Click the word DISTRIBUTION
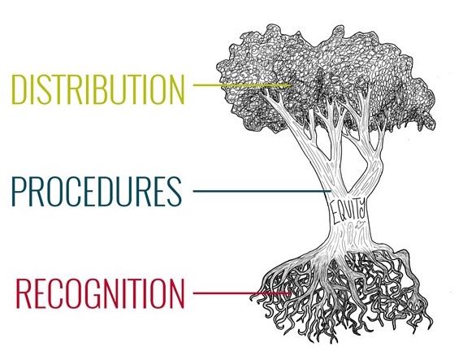(98, 89)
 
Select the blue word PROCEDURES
(97, 191)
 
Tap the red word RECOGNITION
(100, 293)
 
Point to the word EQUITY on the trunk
(348, 210)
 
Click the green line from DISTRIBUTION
(242, 85)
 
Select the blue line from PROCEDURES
(262, 191)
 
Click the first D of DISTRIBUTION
(19, 89)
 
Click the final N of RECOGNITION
(177, 293)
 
